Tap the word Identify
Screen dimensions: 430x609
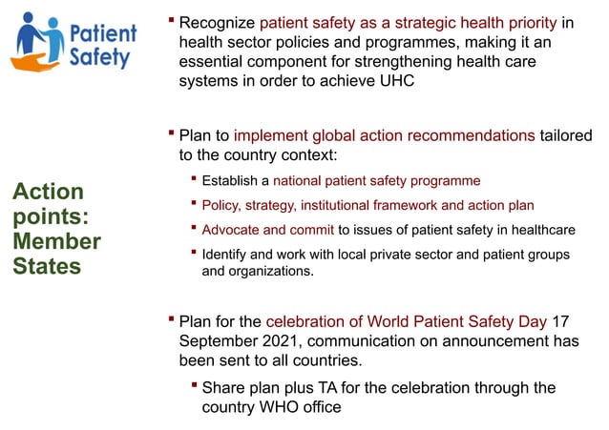pyautogui.click(x=226, y=255)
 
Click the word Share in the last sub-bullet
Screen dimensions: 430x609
pyautogui.click(x=223, y=387)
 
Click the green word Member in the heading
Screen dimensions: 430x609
pyautogui.click(x=56, y=241)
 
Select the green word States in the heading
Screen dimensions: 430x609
pyautogui.click(x=47, y=266)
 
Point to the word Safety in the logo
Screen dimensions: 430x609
pyautogui.click(x=99, y=57)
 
